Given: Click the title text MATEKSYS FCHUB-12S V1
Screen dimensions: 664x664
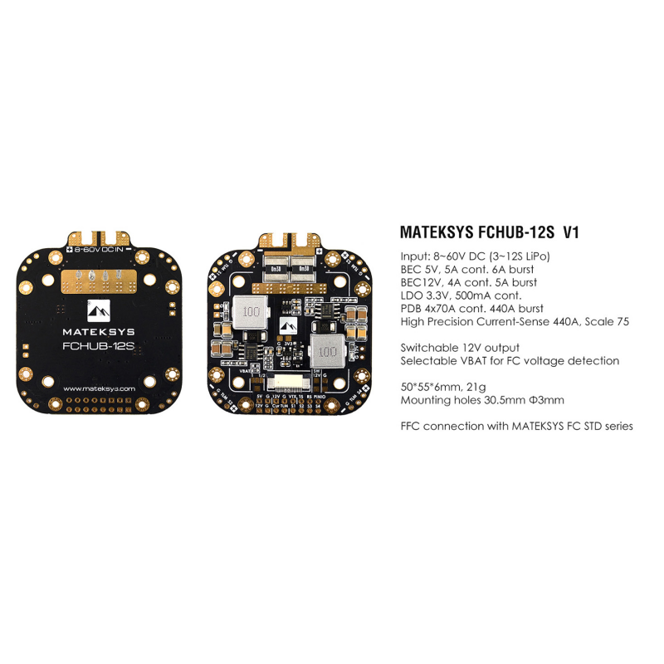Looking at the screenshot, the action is (x=489, y=232).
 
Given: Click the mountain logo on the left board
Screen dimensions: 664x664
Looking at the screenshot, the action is (x=99, y=311).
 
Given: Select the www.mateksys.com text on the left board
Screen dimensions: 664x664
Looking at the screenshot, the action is (x=99, y=388).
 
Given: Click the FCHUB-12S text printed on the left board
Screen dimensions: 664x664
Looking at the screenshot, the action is (x=99, y=351).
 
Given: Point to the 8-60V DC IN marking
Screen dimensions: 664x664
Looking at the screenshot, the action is (x=99, y=249).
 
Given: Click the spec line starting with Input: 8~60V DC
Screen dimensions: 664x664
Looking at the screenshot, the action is (x=475, y=256).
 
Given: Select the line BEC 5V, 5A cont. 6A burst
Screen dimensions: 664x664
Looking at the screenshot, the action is (x=466, y=269).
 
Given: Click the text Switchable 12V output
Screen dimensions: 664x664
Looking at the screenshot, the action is (x=460, y=348).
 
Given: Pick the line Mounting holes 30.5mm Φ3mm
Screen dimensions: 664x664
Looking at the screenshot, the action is (x=481, y=400).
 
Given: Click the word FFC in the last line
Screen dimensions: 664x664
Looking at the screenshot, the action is (x=413, y=426).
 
